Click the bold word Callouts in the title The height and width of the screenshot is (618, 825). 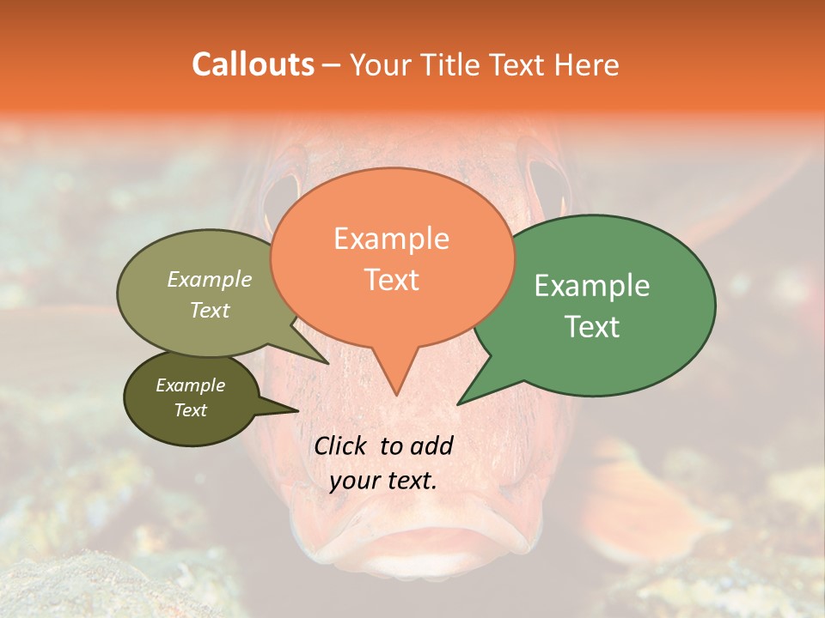[x=253, y=64]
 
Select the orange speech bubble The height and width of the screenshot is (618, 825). [x=392, y=257]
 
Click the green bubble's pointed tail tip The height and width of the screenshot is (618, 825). [x=458, y=403]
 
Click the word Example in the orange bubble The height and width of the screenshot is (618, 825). [x=391, y=239]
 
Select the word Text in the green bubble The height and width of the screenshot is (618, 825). [x=592, y=326]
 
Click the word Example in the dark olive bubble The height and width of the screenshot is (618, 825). [x=191, y=385]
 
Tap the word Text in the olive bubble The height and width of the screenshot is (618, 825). [x=210, y=310]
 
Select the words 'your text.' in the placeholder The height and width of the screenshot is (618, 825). [x=382, y=481]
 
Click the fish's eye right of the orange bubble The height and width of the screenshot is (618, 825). [x=547, y=189]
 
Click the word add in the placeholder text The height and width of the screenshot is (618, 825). [x=431, y=445]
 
